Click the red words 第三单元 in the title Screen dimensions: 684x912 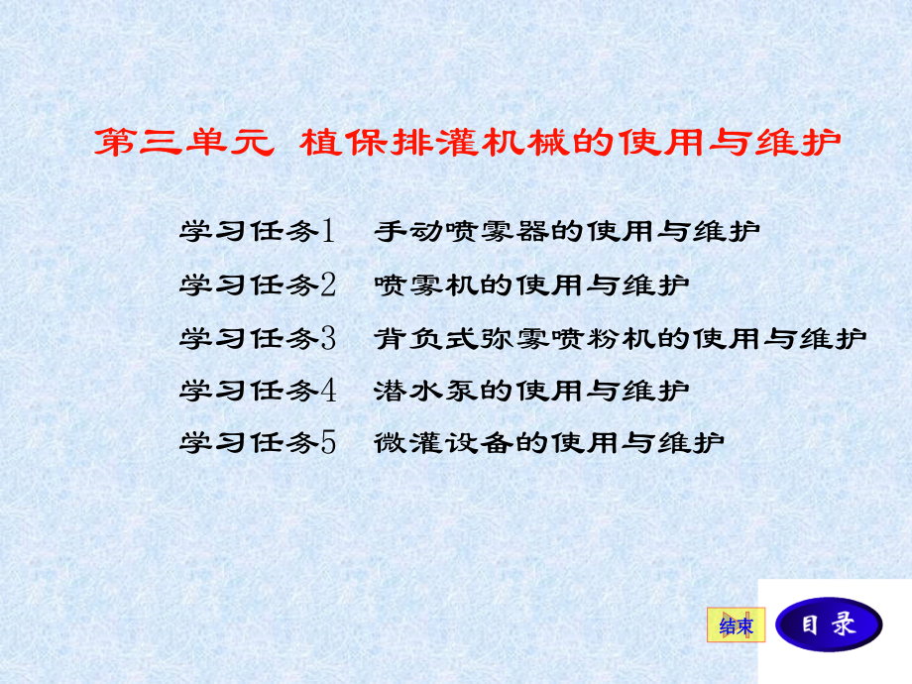point(182,143)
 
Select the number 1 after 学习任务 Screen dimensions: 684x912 point(329,232)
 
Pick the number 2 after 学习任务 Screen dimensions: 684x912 point(329,285)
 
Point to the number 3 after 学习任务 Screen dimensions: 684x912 point(329,338)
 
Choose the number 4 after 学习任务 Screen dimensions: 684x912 point(329,391)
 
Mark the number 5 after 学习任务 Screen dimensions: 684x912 point(329,442)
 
